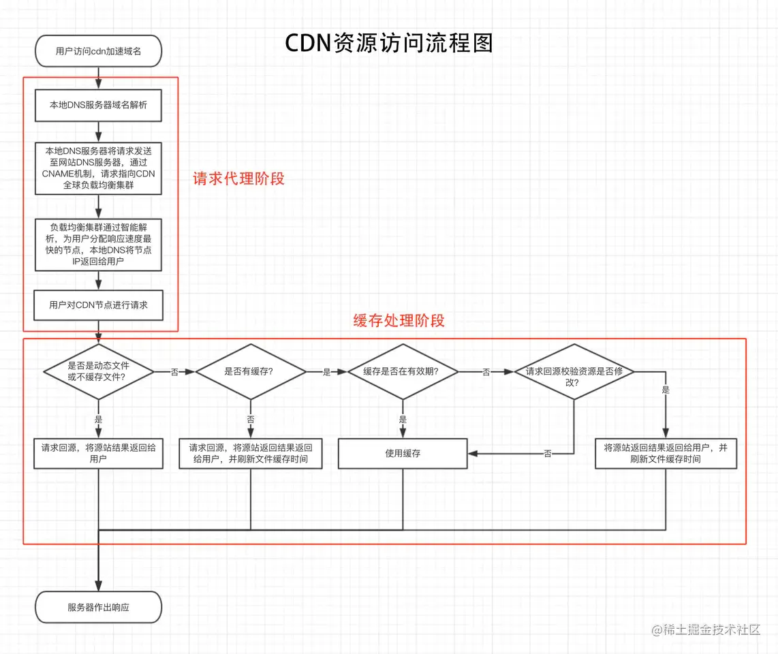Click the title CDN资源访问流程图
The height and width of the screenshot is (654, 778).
pos(388,43)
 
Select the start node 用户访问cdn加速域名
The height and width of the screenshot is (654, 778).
pos(98,51)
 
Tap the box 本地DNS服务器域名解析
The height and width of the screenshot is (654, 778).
pos(98,105)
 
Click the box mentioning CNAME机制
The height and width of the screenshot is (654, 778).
pos(98,168)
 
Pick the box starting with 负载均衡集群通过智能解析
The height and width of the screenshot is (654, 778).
pos(98,244)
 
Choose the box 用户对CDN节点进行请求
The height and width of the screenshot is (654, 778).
pos(98,305)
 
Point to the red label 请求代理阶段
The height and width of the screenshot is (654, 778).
pos(238,179)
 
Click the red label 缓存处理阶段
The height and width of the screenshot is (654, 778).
pos(399,321)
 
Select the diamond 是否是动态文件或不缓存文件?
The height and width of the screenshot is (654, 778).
pos(99,371)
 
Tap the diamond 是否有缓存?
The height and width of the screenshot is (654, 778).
pos(251,372)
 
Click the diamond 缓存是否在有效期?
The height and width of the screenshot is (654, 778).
pos(403,372)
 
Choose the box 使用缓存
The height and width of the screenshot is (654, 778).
pos(403,453)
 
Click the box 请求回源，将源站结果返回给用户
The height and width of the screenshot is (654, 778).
pos(98,453)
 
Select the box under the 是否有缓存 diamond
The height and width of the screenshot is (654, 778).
pos(250,453)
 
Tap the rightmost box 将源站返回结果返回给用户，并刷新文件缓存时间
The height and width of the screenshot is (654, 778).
pos(666,453)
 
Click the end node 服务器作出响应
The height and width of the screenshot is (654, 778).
pos(98,607)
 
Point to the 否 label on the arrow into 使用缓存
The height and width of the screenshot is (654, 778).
pos(548,454)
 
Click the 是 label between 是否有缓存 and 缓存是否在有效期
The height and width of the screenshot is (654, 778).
pos(326,373)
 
